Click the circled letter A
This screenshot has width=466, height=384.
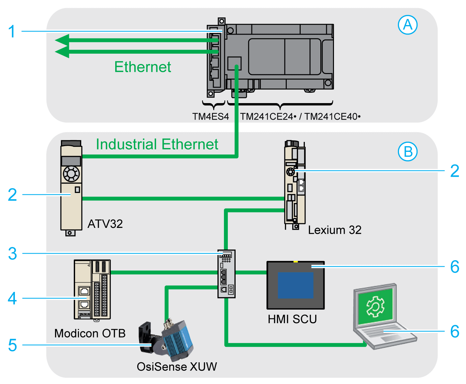[x=407, y=25]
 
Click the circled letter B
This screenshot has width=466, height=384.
[x=407, y=152]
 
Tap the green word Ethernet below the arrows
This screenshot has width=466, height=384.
[x=143, y=67]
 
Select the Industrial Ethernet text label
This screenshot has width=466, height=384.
[x=157, y=144]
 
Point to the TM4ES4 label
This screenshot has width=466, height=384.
[x=210, y=117]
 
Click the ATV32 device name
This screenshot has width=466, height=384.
[x=105, y=224]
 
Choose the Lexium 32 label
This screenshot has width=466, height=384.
[x=334, y=230]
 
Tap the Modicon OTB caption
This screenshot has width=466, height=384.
[x=90, y=333]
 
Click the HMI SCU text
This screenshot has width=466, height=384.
[x=292, y=319]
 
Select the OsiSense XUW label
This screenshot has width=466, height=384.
[x=177, y=367]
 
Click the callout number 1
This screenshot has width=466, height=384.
[x=12, y=32]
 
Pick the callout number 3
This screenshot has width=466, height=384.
[x=12, y=254]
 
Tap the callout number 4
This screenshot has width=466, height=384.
[x=12, y=298]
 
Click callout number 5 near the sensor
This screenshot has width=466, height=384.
[x=12, y=345]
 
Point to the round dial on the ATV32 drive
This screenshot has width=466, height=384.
[x=71, y=174]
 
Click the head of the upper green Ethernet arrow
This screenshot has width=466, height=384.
[x=62, y=40]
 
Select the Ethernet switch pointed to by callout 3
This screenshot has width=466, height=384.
[x=226, y=273]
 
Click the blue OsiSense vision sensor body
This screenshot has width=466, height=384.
[x=177, y=341]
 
